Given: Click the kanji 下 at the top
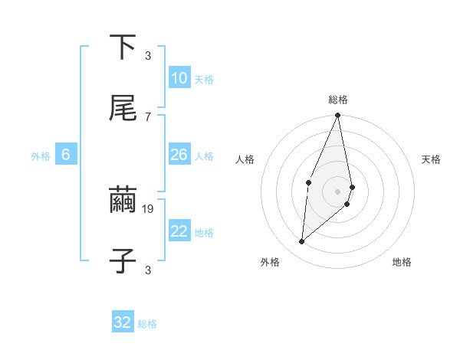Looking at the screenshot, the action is click(123, 47).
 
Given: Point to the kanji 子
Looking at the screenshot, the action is click(123, 260).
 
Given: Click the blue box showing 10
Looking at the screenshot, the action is click(179, 78).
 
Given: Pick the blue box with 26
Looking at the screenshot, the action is click(179, 155).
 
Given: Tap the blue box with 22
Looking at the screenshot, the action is click(179, 231).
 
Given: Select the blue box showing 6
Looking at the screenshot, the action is click(66, 155).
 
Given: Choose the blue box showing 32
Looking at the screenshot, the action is click(123, 322).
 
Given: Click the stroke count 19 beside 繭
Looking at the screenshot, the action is click(149, 208).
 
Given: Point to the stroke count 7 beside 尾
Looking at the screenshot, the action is click(148, 116).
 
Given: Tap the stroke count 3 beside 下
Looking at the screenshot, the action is click(148, 56).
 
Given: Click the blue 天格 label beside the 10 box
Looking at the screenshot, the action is click(204, 80).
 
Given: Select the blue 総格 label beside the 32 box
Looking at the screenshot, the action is click(147, 324).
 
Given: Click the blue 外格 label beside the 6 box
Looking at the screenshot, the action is click(41, 156).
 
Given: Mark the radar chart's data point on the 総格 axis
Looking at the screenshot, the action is click(338, 116).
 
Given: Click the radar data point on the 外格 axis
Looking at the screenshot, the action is click(302, 242).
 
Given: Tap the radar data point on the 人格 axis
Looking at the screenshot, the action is click(308, 182).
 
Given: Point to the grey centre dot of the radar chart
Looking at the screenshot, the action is click(338, 191).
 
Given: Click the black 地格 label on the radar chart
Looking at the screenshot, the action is click(402, 262).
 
